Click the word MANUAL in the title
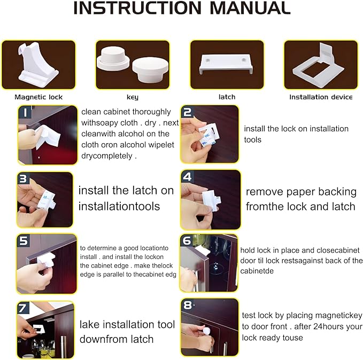[x=250, y=8]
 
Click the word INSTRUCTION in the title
[x=137, y=8]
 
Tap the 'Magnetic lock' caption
[x=38, y=97]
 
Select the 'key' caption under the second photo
[x=133, y=97]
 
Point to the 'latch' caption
[x=227, y=97]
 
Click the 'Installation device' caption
[x=321, y=97]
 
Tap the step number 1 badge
[x=25, y=113]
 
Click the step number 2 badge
[x=187, y=112]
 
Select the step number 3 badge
[x=24, y=178]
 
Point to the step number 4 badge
[x=187, y=177]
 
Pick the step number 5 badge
[x=23, y=240]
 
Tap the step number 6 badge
[x=187, y=240]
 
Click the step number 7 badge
[x=23, y=308]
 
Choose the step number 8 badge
[x=187, y=305]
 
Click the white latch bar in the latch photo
[x=226, y=64]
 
